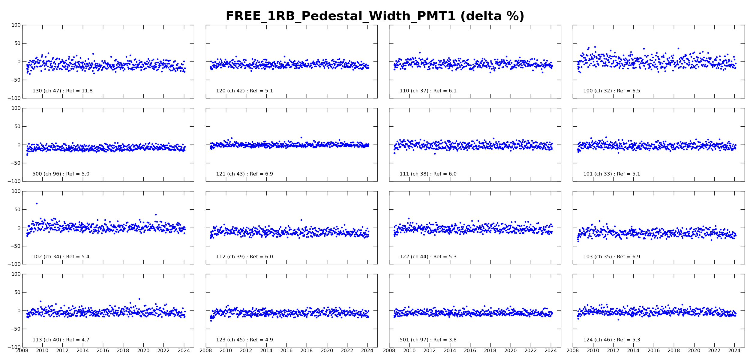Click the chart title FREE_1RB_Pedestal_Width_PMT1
pyautogui.click(x=341, y=16)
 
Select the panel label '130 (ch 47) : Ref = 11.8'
pyautogui.click(x=62, y=91)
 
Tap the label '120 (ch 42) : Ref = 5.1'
pyautogui.click(x=244, y=91)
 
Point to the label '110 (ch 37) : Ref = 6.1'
pyautogui.click(x=428, y=91)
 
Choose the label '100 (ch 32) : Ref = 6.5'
pyautogui.click(x=612, y=91)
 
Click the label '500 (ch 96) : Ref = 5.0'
pyautogui.click(x=61, y=174)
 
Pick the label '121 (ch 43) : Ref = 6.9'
pyautogui.click(x=244, y=174)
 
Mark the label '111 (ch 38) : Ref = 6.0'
pyautogui.click(x=428, y=174)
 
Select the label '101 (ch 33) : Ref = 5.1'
pyautogui.click(x=612, y=174)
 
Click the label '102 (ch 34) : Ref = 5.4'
pyautogui.click(x=61, y=257)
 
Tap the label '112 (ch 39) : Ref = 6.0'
pyautogui.click(x=244, y=257)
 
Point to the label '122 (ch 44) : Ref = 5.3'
pyautogui.click(x=428, y=257)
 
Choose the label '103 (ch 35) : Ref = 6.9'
pyautogui.click(x=612, y=257)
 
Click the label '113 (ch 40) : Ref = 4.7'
pyautogui.click(x=61, y=340)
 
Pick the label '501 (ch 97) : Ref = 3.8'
pyautogui.click(x=428, y=340)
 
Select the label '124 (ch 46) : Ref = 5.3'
pyautogui.click(x=612, y=340)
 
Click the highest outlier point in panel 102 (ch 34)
pyautogui.click(x=37, y=203)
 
